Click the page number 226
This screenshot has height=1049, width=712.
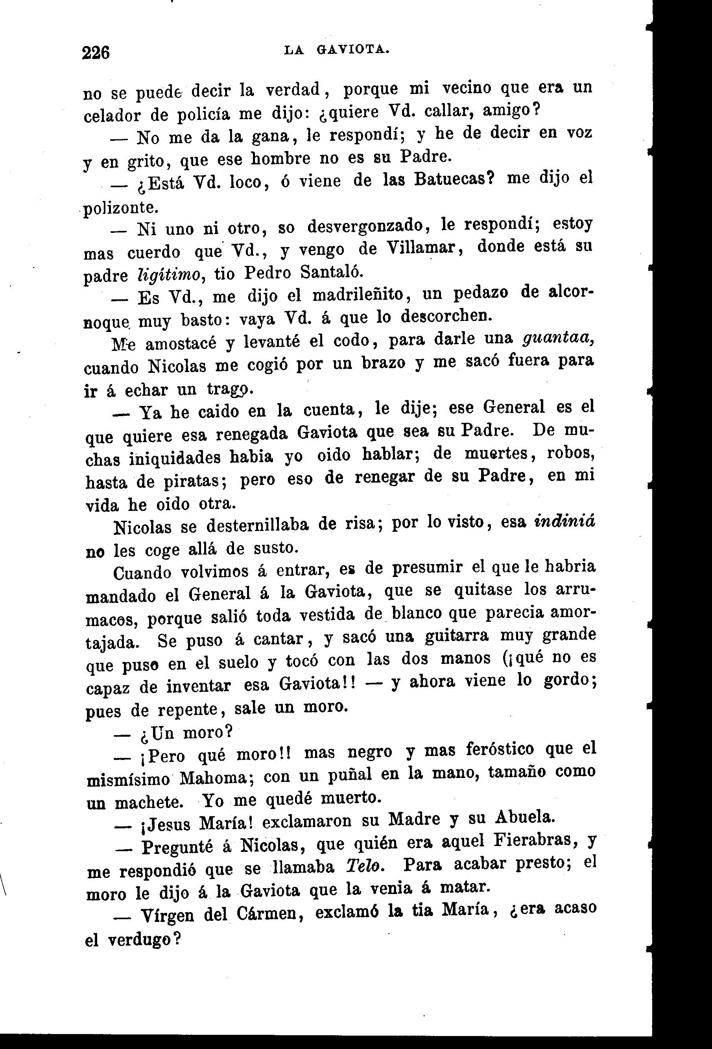pyautogui.click(x=96, y=53)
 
